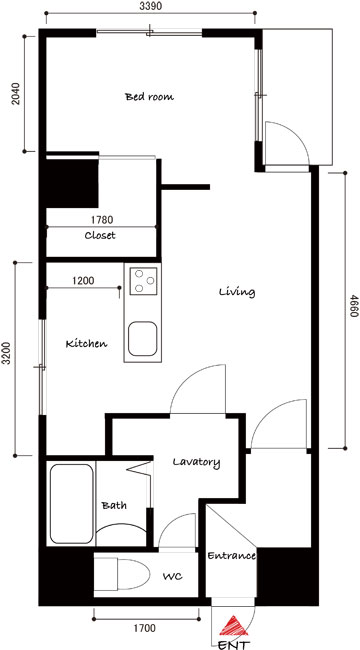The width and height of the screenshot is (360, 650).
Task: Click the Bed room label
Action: point(149,97)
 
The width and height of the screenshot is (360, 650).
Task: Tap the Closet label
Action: point(100,236)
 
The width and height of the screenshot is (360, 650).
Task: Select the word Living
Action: point(237,292)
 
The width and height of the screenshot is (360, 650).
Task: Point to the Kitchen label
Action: point(87,344)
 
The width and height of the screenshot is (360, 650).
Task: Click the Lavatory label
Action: point(196,462)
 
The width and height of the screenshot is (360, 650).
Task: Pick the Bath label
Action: point(114,506)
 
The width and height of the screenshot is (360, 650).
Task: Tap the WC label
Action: point(172,577)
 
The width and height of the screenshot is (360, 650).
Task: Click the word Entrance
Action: point(231,556)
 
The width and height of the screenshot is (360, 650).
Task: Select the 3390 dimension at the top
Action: point(151,6)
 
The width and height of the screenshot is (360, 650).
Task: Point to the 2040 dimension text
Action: point(16,94)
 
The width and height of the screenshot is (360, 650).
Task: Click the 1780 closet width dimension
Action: point(102,219)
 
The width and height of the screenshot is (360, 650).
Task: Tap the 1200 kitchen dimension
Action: point(83,281)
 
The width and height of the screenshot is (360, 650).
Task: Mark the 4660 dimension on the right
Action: point(354,306)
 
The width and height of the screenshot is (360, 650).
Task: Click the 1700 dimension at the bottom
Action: point(145,628)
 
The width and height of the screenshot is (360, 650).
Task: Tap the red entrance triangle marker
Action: point(234,626)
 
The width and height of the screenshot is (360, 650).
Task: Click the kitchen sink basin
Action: point(142,339)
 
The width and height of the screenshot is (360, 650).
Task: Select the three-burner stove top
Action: point(144,281)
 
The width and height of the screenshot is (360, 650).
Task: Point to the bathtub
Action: point(71,504)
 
